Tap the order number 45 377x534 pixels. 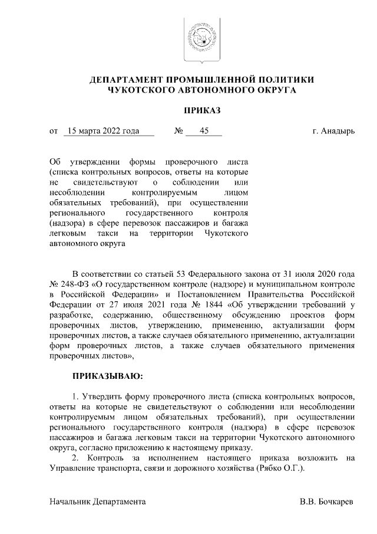pyautogui.click(x=204, y=131)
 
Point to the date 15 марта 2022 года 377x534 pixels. pyautogui.click(x=104, y=131)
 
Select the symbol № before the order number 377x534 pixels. pyautogui.click(x=178, y=131)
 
